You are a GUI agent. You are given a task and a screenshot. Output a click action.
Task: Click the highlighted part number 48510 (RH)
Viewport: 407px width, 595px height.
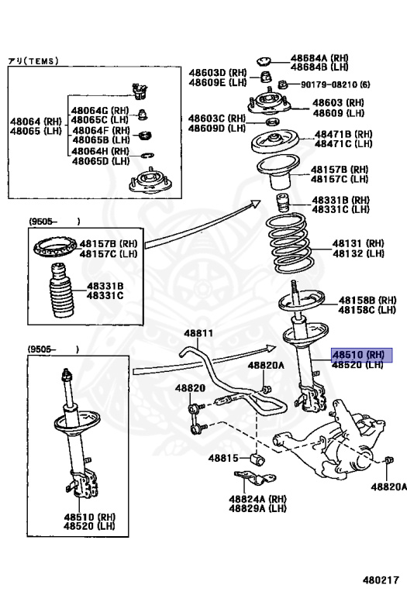pos(358,355)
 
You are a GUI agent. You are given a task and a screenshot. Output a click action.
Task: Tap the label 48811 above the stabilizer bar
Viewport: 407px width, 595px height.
pos(198,334)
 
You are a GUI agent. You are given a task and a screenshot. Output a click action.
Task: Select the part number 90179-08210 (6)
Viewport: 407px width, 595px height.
pos(336,84)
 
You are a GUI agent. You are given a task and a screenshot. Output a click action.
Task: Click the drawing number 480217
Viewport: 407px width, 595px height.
pos(381,580)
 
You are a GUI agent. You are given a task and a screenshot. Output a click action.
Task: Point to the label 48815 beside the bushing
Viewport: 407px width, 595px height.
pos(223,458)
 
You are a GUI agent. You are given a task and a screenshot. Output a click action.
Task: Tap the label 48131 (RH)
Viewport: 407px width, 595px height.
pos(358,243)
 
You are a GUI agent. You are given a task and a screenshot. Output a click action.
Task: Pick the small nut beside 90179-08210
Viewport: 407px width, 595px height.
pos(281,84)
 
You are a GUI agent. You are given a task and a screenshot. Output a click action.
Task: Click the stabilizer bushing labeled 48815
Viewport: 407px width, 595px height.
pos(258,458)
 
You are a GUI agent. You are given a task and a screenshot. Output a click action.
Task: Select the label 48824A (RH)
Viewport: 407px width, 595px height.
pos(258,499)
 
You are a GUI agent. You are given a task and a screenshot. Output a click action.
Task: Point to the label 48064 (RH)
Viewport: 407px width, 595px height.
pos(36,122)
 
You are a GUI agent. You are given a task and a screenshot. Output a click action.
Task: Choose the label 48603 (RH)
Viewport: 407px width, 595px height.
pos(338,103)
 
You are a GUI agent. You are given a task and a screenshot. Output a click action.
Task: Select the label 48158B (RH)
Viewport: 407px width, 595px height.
pos(367,301)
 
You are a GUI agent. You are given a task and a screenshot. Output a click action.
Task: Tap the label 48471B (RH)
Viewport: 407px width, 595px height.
pos(343,134)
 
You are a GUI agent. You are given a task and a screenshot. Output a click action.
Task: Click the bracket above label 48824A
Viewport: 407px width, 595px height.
pos(255,479)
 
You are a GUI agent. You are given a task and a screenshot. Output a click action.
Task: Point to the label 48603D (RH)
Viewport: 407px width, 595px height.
pos(218,73)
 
